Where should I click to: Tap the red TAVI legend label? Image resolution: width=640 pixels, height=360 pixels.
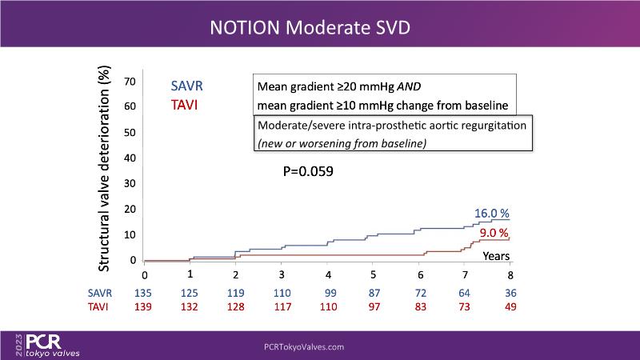coord(186,105)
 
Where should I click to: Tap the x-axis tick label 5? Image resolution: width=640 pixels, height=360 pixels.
coord(374,275)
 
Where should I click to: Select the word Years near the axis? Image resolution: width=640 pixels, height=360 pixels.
coord(497,256)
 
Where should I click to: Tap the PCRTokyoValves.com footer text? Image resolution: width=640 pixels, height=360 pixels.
coord(304,347)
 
